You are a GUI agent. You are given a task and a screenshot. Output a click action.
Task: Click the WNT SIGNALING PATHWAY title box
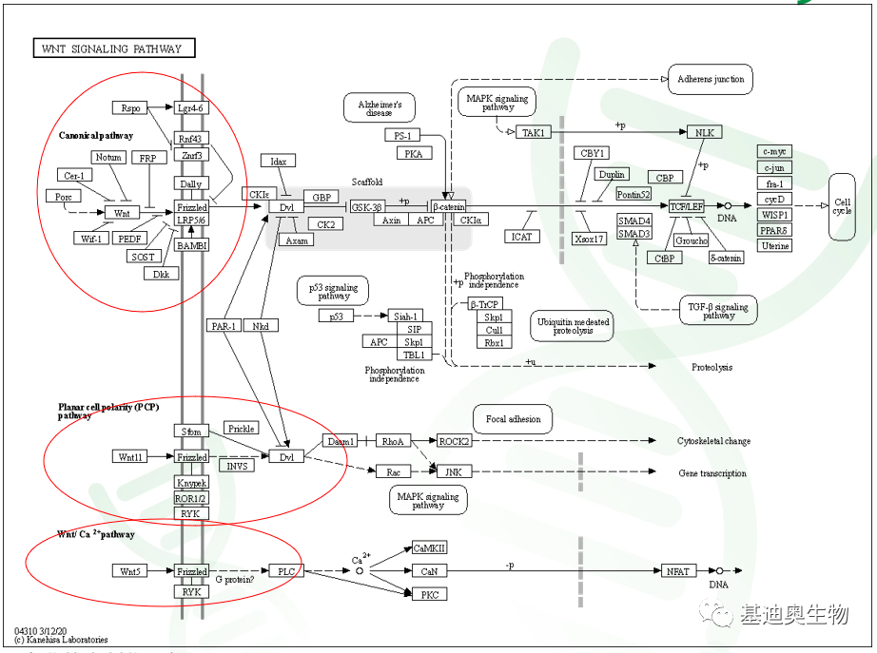(x=113, y=48)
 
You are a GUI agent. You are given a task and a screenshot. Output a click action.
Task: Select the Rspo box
(x=130, y=108)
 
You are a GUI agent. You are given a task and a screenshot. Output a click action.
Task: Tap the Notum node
(x=108, y=157)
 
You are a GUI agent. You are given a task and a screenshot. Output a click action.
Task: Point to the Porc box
(x=63, y=197)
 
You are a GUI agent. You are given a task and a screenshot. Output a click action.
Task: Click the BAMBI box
(x=192, y=245)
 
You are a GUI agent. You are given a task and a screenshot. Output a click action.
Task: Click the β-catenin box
(x=449, y=206)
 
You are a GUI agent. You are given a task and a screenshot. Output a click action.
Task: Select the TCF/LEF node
(x=687, y=206)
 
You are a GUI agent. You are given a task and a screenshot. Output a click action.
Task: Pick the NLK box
(x=704, y=133)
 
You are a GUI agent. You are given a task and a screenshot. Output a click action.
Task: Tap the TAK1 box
(x=533, y=133)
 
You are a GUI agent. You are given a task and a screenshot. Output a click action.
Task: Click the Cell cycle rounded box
(x=842, y=206)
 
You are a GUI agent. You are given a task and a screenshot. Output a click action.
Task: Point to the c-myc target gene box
(x=775, y=151)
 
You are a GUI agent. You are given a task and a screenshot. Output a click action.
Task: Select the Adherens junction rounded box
(x=711, y=80)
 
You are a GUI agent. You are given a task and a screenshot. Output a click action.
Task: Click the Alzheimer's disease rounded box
(x=380, y=107)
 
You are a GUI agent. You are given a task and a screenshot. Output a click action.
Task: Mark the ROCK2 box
(x=454, y=441)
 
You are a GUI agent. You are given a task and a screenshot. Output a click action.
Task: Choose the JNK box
(x=453, y=471)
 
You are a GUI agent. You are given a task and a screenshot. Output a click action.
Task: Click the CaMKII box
(x=430, y=548)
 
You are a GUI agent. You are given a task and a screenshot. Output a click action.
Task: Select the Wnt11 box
(x=130, y=457)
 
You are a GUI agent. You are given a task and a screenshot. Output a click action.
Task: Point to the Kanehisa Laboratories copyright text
(x=61, y=640)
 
